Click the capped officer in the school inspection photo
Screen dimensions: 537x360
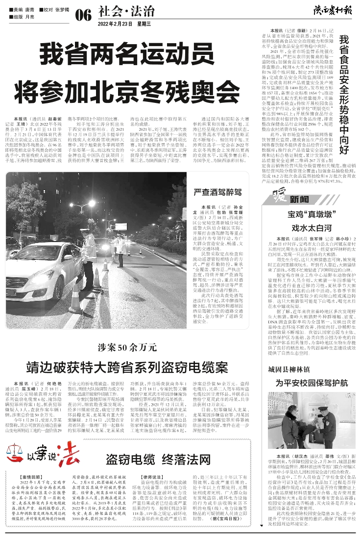[320, 416]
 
